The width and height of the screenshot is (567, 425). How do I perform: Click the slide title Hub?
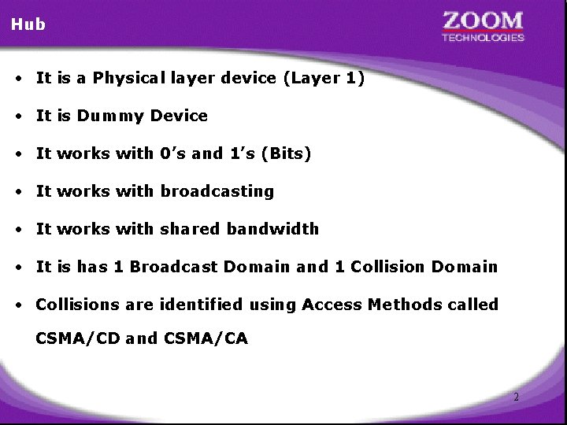[x=28, y=24]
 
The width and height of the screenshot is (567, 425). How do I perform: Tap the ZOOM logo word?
[x=483, y=20]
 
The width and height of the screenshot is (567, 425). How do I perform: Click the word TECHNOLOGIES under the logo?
[x=483, y=37]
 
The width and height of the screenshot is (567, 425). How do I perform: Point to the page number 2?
[x=516, y=397]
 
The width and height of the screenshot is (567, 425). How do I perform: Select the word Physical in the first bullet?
[x=128, y=79]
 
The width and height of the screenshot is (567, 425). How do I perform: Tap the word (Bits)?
[x=290, y=154]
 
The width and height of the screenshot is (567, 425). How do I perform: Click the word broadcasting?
[x=217, y=191]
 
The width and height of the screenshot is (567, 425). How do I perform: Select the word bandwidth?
[x=272, y=229]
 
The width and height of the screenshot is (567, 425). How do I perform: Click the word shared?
[x=191, y=229]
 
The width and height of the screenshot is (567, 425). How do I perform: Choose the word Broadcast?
[x=174, y=267]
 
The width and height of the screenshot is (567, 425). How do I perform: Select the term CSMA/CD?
[x=78, y=339]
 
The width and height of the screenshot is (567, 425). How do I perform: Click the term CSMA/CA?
[x=206, y=339]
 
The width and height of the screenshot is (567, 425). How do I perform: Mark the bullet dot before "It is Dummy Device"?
[x=17, y=116]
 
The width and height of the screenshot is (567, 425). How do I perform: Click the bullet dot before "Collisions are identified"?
[x=17, y=305]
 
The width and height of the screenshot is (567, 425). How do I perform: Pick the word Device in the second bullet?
[x=179, y=116]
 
